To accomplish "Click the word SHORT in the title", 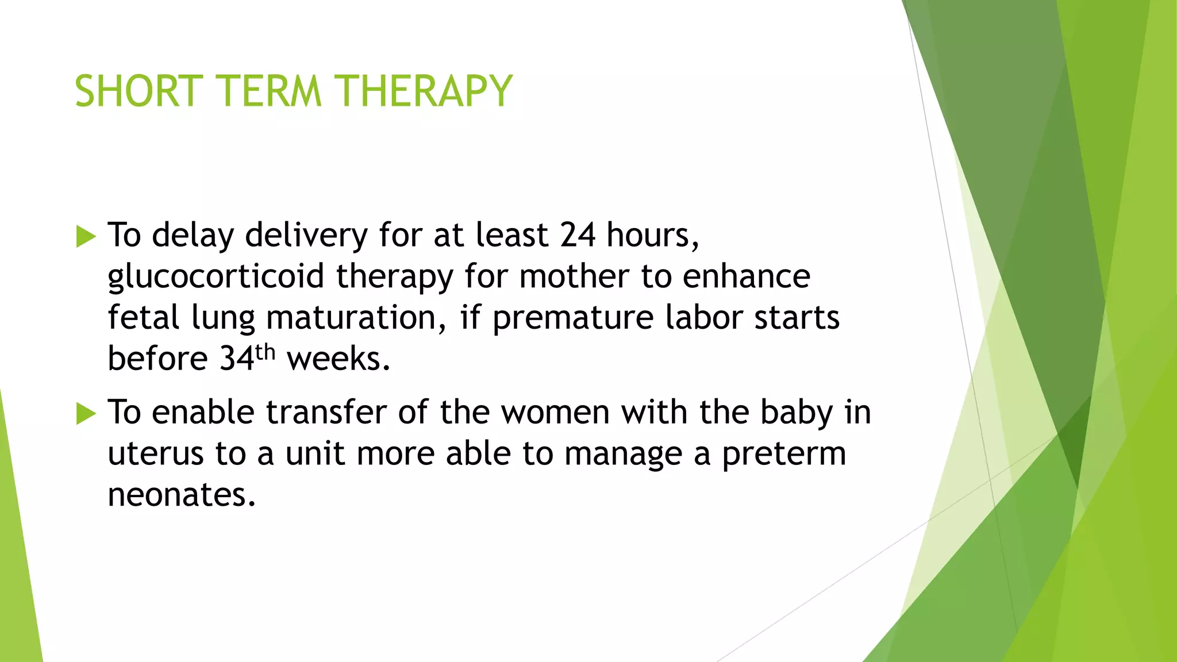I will (139, 91).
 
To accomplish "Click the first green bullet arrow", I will (86, 237).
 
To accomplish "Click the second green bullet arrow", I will (86, 414).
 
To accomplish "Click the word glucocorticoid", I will (216, 276).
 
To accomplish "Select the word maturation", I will (351, 318).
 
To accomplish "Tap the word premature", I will (572, 318).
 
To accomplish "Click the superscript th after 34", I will (266, 352).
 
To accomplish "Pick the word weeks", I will (338, 359).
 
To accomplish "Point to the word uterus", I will (155, 454).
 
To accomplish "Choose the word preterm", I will (784, 454).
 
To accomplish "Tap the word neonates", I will (181, 495).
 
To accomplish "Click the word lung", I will (223, 318).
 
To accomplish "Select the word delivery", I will (306, 235).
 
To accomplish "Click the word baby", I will (797, 413).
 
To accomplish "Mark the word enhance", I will (747, 276).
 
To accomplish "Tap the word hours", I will (652, 235).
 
